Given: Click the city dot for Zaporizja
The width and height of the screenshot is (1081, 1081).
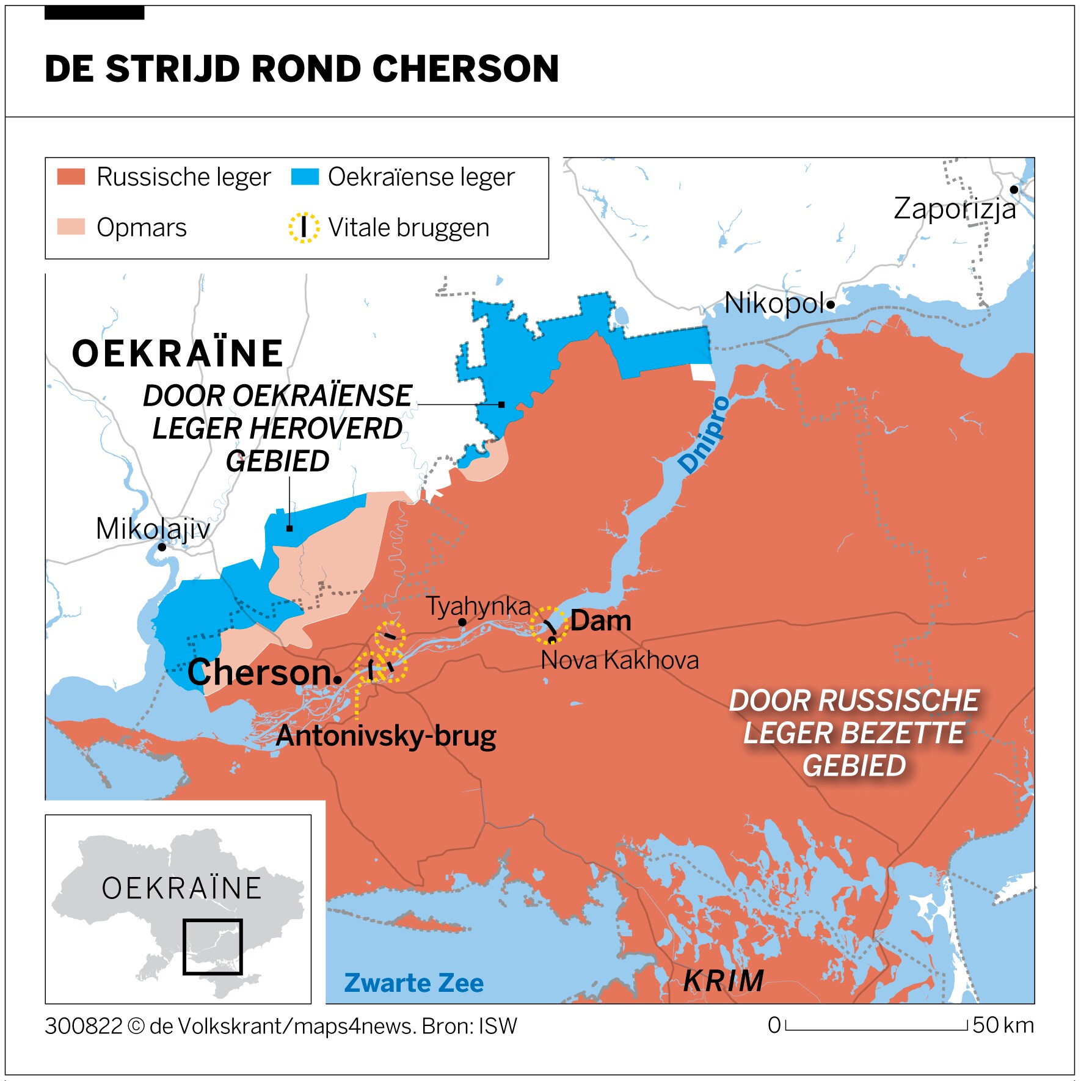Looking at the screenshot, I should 1014,190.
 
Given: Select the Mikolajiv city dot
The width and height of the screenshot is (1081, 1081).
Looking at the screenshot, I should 162,547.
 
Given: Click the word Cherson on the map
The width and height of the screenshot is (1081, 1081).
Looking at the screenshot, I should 259,672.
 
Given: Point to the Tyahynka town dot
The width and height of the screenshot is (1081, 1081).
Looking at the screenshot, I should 462,622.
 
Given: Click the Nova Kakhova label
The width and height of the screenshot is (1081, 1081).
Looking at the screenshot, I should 619,660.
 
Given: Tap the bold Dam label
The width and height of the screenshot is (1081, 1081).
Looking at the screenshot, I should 600,621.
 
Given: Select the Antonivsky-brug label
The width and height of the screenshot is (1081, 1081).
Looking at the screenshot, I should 386,735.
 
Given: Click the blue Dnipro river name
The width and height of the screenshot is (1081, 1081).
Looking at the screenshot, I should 704,435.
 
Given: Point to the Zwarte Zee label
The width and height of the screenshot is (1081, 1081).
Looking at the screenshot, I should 413,983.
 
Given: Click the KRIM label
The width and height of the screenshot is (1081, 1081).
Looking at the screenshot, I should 724,981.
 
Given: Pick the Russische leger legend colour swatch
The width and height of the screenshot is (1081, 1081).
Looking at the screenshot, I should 71,177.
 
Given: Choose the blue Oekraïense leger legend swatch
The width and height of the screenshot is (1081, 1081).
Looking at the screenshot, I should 305,177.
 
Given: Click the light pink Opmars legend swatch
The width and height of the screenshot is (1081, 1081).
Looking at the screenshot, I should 71,227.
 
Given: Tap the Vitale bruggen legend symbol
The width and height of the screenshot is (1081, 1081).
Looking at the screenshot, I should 304,228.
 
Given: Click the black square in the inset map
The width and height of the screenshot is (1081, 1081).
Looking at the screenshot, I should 213,947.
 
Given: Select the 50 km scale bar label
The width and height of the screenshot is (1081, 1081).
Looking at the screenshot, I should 1003,1025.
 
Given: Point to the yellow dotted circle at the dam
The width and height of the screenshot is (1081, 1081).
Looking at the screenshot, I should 549,625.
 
